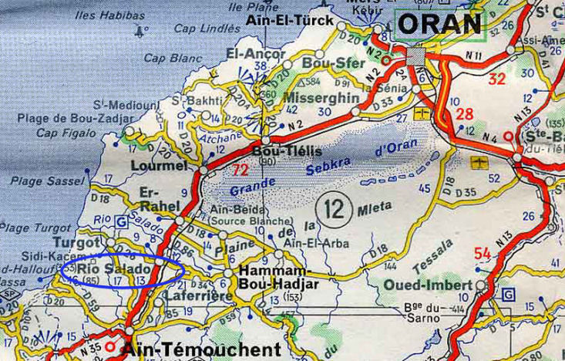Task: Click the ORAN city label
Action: click(x=440, y=23)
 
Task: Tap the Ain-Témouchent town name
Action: click(x=200, y=349)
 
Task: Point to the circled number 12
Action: click(x=334, y=207)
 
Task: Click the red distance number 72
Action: click(x=240, y=168)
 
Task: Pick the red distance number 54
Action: click(x=483, y=254)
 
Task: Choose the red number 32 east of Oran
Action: click(x=497, y=78)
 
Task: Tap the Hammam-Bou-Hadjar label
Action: click(x=274, y=278)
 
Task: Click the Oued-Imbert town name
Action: click(x=427, y=285)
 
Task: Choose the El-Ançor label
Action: click(x=251, y=54)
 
